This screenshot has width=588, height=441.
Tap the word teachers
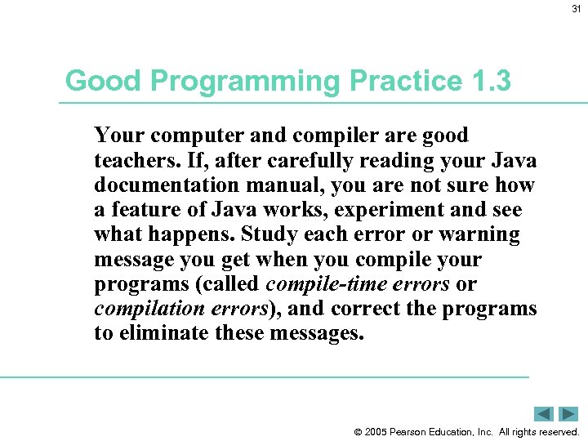(x=133, y=161)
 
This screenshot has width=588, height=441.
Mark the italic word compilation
(x=149, y=310)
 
